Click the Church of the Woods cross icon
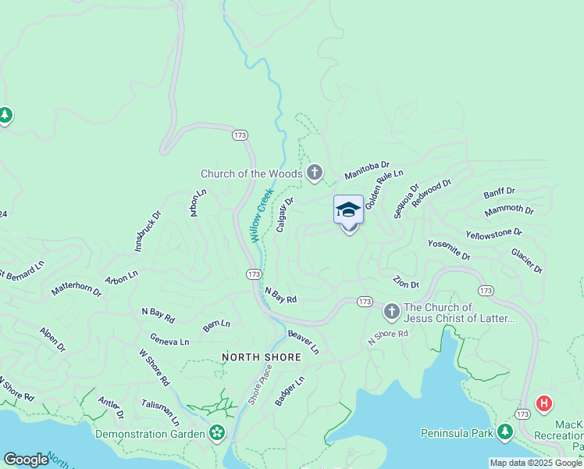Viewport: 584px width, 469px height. click(315, 173)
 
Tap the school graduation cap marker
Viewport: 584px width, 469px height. click(348, 209)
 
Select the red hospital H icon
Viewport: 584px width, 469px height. click(543, 404)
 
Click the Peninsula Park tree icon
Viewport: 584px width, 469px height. click(505, 432)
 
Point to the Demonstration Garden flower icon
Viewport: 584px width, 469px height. click(217, 433)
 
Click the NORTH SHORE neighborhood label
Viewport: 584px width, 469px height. click(262, 357)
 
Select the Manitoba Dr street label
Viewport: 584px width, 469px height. click(367, 170)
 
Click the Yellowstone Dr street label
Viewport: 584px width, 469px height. click(493, 233)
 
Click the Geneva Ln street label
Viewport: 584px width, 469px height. click(169, 342)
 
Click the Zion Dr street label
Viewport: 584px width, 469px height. click(406, 283)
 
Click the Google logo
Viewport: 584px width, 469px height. click(26, 460)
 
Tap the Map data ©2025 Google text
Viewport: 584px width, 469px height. click(535, 463)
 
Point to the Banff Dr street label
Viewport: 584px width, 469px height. click(499, 192)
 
